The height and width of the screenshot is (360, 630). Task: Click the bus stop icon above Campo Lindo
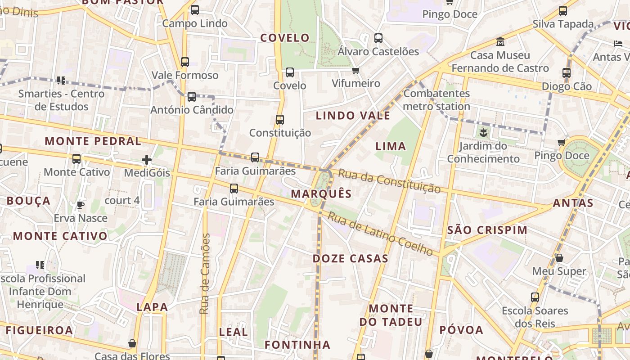coord(195,10)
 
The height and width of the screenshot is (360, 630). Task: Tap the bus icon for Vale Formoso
coord(185,62)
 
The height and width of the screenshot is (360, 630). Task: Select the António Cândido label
coord(192,110)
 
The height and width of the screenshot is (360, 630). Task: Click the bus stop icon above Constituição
coord(280,120)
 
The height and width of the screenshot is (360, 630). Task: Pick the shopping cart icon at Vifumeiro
coord(356,70)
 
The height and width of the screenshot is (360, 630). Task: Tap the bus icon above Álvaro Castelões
coord(378,38)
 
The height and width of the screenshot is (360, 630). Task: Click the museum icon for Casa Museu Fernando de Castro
coord(500,42)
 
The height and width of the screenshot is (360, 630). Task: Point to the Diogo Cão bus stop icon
coord(567,72)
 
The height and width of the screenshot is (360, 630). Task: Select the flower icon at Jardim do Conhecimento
coord(483,132)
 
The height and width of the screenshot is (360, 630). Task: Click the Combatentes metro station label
coord(436,100)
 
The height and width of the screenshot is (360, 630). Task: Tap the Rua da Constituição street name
coord(389,180)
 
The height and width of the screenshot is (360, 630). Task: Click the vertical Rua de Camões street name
coord(205,274)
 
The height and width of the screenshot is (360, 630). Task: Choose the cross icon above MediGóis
coord(147,160)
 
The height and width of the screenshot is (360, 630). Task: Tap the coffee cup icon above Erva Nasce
coord(81,205)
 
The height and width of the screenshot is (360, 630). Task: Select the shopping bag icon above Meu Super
coord(559,258)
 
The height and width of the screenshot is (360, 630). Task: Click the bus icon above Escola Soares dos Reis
coord(535,297)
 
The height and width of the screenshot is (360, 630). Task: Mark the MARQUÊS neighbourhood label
coord(321,194)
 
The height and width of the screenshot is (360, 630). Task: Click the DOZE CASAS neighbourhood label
coord(351,259)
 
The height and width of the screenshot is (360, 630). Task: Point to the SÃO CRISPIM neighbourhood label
coord(487,230)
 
